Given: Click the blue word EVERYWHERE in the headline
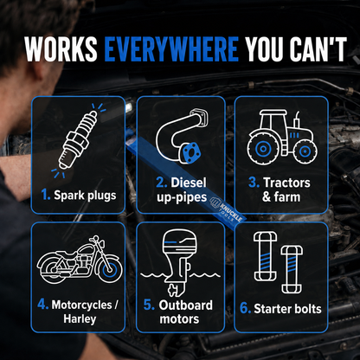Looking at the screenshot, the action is coord(171,49).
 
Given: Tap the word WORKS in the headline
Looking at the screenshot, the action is coord(61,49).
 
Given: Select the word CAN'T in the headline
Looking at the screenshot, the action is coord(318,49).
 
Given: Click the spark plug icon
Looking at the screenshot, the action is coord(78,140).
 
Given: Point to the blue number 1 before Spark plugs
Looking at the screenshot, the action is coord(46,195).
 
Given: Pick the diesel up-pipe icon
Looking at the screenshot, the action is coord(182,136).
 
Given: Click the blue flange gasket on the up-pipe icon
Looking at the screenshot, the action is coord(190,153).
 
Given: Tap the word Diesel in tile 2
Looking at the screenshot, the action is coord(189,183).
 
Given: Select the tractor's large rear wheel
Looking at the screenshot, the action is coord(262,149).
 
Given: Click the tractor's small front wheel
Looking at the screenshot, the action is coord(305,151).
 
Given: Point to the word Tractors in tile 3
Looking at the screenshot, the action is coord(286,183).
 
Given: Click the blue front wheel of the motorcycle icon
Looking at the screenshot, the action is coord(110,271).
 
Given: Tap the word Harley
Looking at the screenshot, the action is coord(80,319).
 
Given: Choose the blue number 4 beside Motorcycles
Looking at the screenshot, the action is coord(42,305).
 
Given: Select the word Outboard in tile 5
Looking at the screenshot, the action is coord(185,305).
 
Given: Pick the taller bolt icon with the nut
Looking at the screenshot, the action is coord(266,256).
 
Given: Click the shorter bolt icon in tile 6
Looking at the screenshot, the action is coord(292,270).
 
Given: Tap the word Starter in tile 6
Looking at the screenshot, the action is coord(270,309).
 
